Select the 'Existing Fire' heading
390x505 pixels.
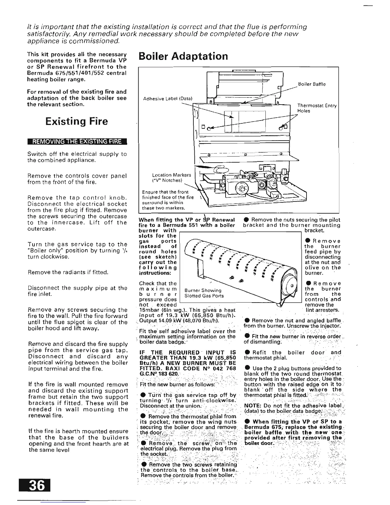click(x=76, y=121)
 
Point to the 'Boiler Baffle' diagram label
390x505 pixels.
click(x=312, y=84)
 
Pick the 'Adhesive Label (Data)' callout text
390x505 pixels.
click(x=168, y=99)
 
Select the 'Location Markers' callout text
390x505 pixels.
click(x=171, y=175)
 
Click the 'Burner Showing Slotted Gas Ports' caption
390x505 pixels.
click(x=204, y=293)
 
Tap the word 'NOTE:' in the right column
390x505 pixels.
click(x=251, y=406)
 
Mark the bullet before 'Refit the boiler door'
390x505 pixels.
click(x=247, y=353)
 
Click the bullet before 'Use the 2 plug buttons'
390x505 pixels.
click(x=247, y=368)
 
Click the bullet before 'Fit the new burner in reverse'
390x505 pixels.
click(x=247, y=336)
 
